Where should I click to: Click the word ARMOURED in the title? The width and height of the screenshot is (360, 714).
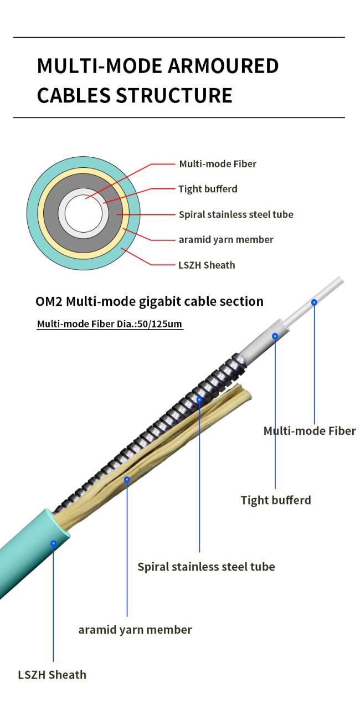point(223,66)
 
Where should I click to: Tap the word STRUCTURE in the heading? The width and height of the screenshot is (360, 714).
point(174,95)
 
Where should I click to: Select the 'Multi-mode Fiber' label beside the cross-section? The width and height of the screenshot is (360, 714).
point(218,164)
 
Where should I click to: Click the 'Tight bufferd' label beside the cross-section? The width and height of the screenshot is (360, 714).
point(208,189)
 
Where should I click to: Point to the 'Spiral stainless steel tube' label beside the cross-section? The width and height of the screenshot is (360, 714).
point(236,214)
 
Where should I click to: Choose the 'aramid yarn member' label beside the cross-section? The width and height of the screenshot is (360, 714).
point(226,240)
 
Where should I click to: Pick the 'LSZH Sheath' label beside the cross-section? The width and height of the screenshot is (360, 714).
point(207,265)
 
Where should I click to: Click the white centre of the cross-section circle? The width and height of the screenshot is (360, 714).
point(84,213)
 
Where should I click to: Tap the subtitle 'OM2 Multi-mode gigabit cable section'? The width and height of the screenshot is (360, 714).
point(150,301)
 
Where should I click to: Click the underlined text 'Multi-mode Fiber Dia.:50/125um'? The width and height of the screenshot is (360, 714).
point(110,324)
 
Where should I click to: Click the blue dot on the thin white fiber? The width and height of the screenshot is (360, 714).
point(314,302)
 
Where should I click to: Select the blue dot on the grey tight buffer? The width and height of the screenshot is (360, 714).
point(275,336)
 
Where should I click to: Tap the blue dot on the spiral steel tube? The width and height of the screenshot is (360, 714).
point(199,399)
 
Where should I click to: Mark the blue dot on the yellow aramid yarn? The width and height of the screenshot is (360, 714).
point(127,479)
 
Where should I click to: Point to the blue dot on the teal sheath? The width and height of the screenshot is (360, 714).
point(54,543)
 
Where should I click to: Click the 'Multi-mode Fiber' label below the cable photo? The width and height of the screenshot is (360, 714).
point(310,431)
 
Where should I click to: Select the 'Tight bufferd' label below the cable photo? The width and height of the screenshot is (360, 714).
point(276,500)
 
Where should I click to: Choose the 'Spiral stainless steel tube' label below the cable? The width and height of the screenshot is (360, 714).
point(206,567)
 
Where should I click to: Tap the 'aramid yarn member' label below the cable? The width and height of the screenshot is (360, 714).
point(135,630)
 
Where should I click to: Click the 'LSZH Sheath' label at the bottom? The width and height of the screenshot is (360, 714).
point(52,675)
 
